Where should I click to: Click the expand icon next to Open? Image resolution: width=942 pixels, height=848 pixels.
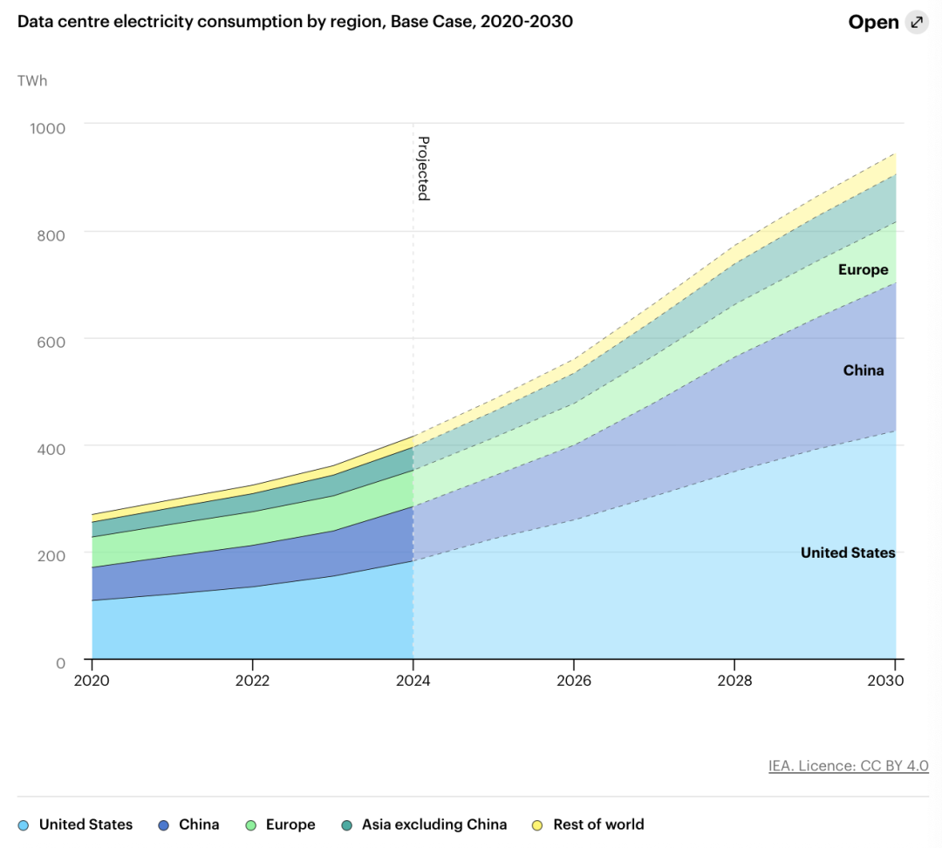pyautogui.click(x=917, y=23)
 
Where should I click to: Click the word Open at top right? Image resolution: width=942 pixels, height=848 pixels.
pyautogui.click(x=873, y=23)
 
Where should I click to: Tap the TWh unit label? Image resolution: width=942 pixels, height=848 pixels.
pyautogui.click(x=32, y=81)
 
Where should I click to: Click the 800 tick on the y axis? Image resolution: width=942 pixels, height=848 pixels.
pyautogui.click(x=51, y=234)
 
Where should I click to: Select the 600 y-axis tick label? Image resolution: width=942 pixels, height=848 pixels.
pyautogui.click(x=51, y=342)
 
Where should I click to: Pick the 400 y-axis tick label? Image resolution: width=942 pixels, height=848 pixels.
pyautogui.click(x=51, y=449)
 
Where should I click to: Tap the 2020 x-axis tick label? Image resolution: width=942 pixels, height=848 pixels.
pyautogui.click(x=92, y=681)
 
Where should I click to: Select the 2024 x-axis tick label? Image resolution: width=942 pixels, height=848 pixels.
pyautogui.click(x=413, y=681)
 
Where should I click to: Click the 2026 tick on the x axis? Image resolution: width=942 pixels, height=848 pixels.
pyautogui.click(x=574, y=681)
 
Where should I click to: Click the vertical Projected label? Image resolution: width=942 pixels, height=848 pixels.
pyautogui.click(x=423, y=168)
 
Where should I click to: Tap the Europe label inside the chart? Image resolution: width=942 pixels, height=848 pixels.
pyautogui.click(x=863, y=270)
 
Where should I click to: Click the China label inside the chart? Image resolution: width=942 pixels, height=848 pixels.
pyautogui.click(x=863, y=370)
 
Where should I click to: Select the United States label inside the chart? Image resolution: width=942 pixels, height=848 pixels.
pyautogui.click(x=848, y=553)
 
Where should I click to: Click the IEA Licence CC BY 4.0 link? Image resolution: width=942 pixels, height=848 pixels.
pyautogui.click(x=848, y=766)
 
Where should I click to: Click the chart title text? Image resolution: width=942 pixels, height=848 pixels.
pyautogui.click(x=295, y=22)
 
